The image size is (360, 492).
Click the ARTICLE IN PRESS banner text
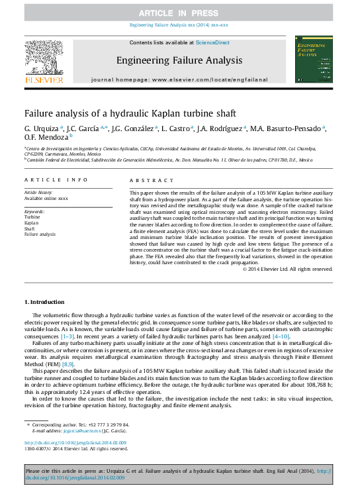179,13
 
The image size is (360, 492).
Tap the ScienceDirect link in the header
212,42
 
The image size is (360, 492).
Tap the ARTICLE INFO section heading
56,180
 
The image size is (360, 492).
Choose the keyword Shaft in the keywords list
30,229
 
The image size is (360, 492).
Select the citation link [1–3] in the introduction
68,337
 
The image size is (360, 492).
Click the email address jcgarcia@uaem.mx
75,430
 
